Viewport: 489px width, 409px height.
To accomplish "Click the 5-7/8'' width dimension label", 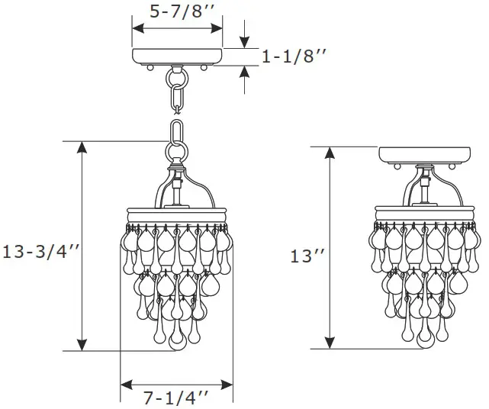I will [x=177, y=11].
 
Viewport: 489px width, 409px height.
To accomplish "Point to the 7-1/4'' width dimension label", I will [x=177, y=396].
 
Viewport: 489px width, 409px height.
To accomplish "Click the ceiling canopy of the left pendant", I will [x=178, y=57].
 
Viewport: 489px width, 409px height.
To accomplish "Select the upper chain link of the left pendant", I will [x=178, y=99].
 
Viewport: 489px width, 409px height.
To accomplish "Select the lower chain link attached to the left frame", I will [x=178, y=137].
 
